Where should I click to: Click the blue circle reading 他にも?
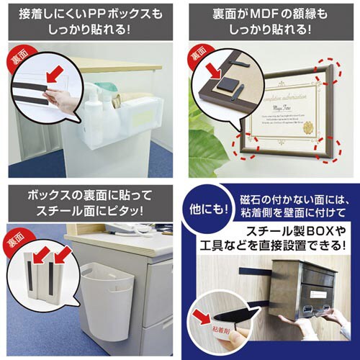coord(207,210)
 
